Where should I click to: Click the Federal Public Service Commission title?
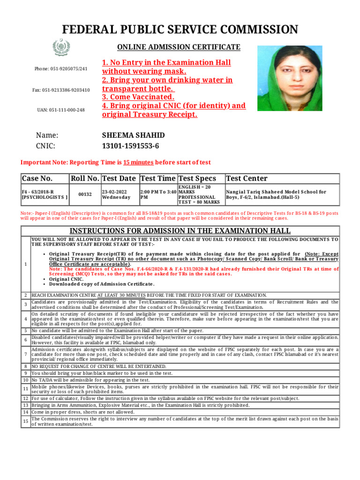point(180,30)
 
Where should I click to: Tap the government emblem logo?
point(61,48)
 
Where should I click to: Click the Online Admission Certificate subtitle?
point(179,47)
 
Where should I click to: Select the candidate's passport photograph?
point(290,78)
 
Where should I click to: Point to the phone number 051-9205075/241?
point(61,69)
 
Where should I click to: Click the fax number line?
point(61,90)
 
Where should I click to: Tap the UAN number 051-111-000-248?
point(61,110)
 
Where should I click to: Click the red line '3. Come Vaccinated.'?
point(138,97)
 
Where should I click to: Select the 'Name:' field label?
point(47,135)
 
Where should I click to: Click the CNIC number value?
point(130,146)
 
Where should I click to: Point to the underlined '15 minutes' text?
point(138,162)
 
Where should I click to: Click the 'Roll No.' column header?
point(85,179)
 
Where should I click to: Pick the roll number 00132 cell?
point(85,195)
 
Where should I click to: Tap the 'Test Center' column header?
point(247,179)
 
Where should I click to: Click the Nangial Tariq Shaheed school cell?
point(277,195)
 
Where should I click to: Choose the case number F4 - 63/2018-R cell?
point(45,195)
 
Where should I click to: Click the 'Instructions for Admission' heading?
point(180,231)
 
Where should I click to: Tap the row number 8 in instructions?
point(26,366)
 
